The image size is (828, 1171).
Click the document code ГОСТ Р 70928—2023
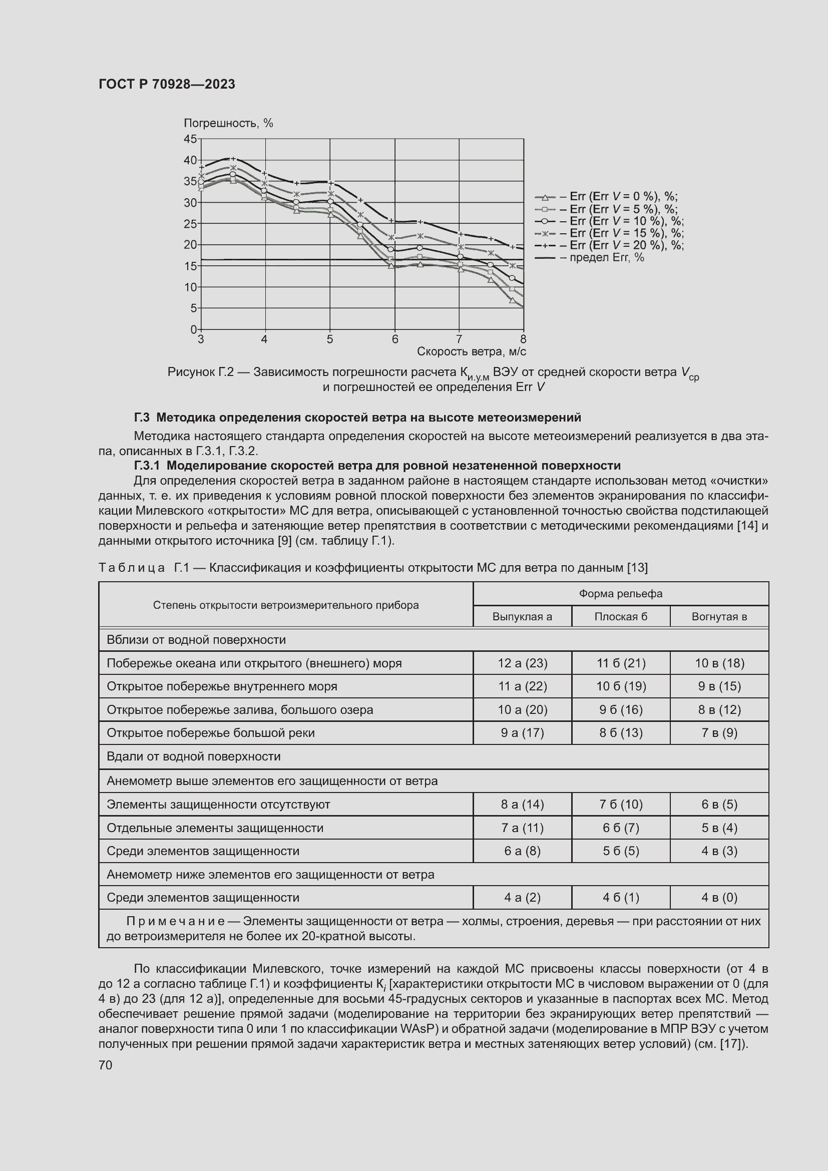[167, 84]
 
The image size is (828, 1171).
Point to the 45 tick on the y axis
[190, 139]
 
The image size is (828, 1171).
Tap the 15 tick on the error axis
[190, 266]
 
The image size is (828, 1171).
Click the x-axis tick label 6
[394, 339]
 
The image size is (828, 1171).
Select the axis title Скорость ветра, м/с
[471, 351]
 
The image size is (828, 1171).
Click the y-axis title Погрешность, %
[228, 123]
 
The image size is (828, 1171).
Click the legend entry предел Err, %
[602, 257]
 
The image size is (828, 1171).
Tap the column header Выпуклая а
[522, 617]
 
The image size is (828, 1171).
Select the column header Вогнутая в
[719, 617]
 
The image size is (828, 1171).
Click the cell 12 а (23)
[522, 663]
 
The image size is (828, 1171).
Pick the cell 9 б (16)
[620, 709]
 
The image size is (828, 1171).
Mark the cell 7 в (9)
[719, 733]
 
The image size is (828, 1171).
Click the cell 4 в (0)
[719, 897]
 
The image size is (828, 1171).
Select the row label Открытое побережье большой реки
[211, 733]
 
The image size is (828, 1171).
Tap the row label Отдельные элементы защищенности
[215, 828]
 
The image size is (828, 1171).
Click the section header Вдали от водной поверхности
[194, 756]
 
